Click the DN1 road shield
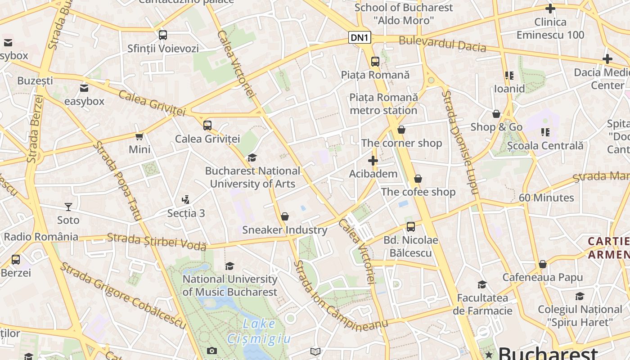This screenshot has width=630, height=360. pos(360,38)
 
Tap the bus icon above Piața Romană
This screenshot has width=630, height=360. pos(375,62)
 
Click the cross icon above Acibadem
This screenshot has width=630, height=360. pos(373,160)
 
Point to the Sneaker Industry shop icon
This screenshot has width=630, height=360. pos(284,216)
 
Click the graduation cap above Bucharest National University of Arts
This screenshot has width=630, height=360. pos(252,157)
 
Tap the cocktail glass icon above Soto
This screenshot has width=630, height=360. pos(68,207)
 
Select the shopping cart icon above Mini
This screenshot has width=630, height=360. pos(139,136)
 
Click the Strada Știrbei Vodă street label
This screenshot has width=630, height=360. pos(157,241)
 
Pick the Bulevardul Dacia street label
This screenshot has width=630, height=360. pos(442,44)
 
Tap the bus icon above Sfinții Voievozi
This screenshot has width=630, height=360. pos(163,35)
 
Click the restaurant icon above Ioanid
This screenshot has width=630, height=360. pos(509,75)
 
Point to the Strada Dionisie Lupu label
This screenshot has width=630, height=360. pos(459,142)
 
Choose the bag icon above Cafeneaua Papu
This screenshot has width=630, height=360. pos(542,264)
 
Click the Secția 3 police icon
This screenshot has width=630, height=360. pos(185,199)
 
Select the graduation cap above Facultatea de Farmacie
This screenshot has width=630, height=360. pos(482,284)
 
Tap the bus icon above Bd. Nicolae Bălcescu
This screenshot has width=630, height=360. pos(410,226)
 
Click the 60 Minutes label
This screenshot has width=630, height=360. pos(546,198)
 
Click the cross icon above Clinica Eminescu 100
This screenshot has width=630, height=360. pos(550,9)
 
